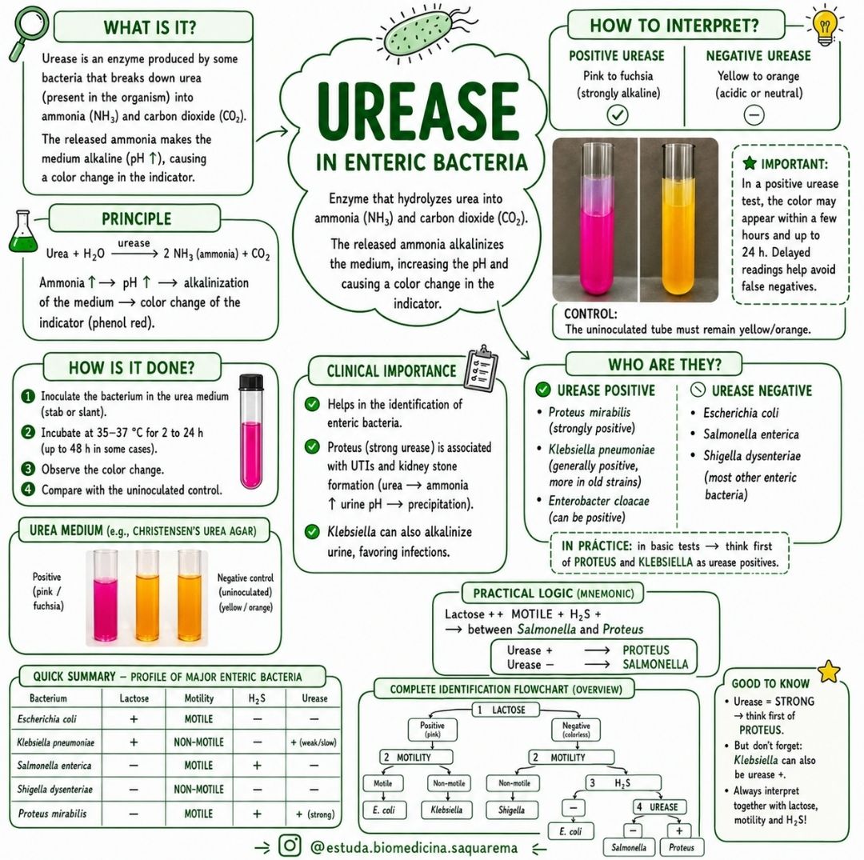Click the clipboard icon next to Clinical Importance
coord(481,367)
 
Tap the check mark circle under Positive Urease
coord(617,114)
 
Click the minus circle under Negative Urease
coord(754,115)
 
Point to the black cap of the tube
coord(251,382)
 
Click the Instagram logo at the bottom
coord(290,845)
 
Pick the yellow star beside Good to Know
coord(828,671)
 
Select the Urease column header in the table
coord(314,698)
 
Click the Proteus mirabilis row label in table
coord(52,813)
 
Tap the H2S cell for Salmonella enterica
coord(258,766)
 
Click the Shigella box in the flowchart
coord(511,810)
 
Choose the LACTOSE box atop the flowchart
coord(506,710)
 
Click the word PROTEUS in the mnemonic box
coord(646,650)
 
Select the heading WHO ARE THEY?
coord(665,365)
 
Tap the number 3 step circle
coord(27,470)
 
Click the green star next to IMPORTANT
coord(750,163)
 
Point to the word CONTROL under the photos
coord(590,314)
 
